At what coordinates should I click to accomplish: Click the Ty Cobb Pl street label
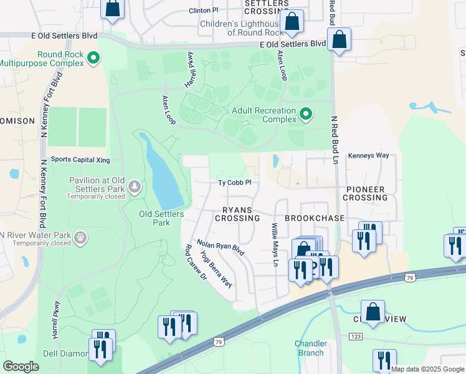(234, 183)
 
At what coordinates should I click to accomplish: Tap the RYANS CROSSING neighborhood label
(237, 214)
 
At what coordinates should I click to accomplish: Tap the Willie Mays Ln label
(273, 244)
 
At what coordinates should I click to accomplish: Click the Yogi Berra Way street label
(216, 269)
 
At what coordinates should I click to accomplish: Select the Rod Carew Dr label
(195, 262)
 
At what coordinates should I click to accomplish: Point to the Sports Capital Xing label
(80, 160)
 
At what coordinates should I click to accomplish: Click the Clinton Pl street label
(204, 11)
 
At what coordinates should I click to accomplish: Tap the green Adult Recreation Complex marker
(305, 114)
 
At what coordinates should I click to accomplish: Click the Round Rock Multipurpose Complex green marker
(93, 59)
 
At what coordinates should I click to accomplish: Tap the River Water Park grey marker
(79, 237)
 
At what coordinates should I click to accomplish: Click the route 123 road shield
(355, 337)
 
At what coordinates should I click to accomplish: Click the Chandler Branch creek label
(310, 348)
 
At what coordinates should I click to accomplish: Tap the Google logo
(21, 366)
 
